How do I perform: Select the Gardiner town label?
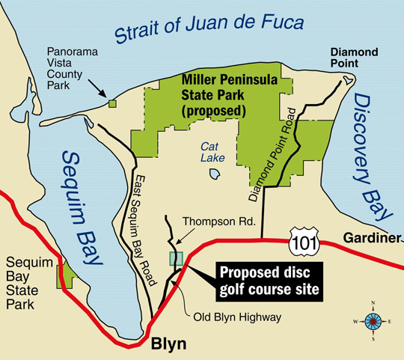point(368,237)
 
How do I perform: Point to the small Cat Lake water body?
point(215,174)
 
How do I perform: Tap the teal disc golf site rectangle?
point(176,259)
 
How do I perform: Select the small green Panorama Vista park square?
point(112,104)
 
